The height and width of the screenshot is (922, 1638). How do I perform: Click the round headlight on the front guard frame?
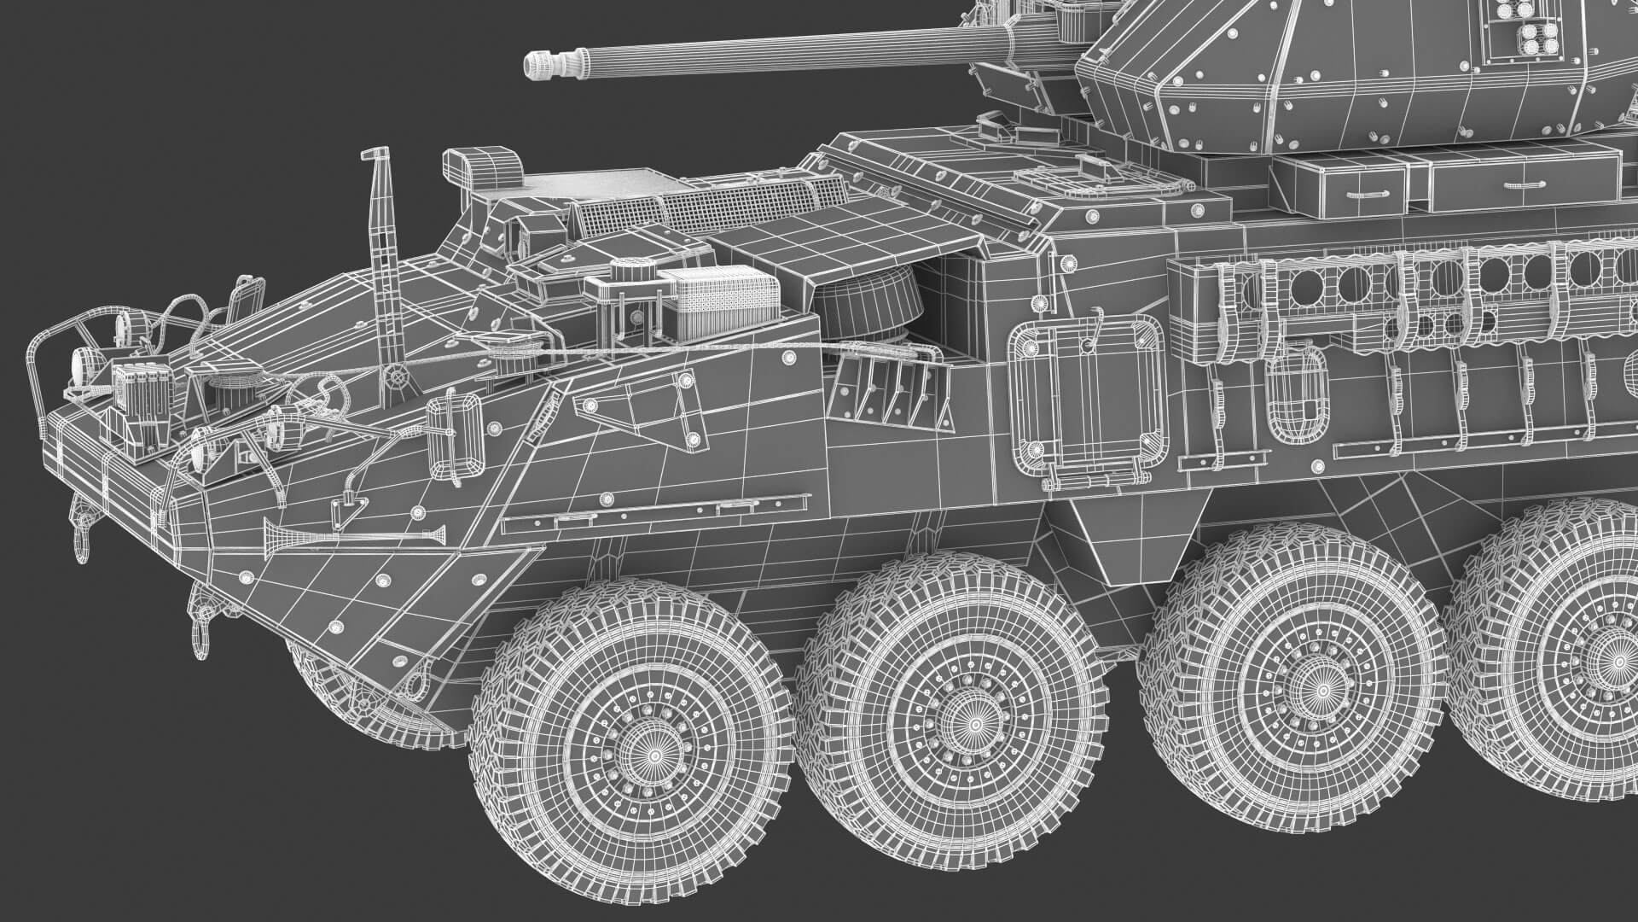[x=81, y=365]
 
